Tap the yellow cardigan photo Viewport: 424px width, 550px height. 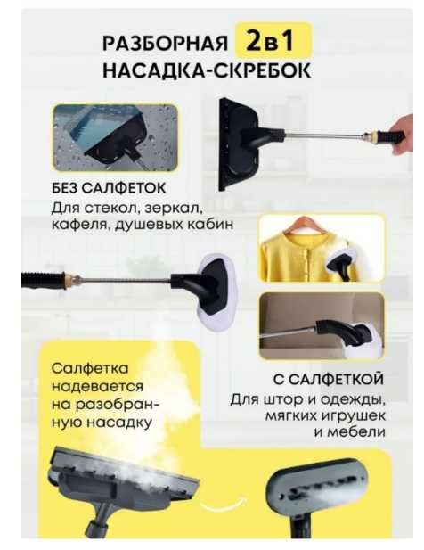pos(321,249)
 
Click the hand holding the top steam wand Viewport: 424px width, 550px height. pos(394,140)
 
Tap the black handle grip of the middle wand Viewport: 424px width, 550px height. pos(44,281)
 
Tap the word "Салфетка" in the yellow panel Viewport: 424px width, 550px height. pos(89,369)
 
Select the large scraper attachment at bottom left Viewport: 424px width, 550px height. pos(125,482)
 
